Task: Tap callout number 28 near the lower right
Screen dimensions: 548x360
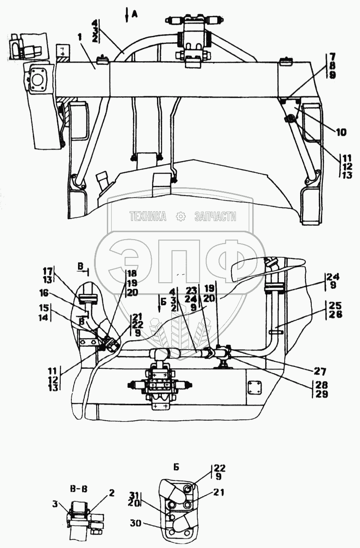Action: (x=321, y=385)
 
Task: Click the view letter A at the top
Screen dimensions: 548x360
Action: (x=135, y=14)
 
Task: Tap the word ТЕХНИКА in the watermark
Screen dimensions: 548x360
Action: (x=148, y=216)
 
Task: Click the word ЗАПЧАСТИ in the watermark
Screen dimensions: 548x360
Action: (x=215, y=216)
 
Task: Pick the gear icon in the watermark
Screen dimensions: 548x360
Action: (x=180, y=216)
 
